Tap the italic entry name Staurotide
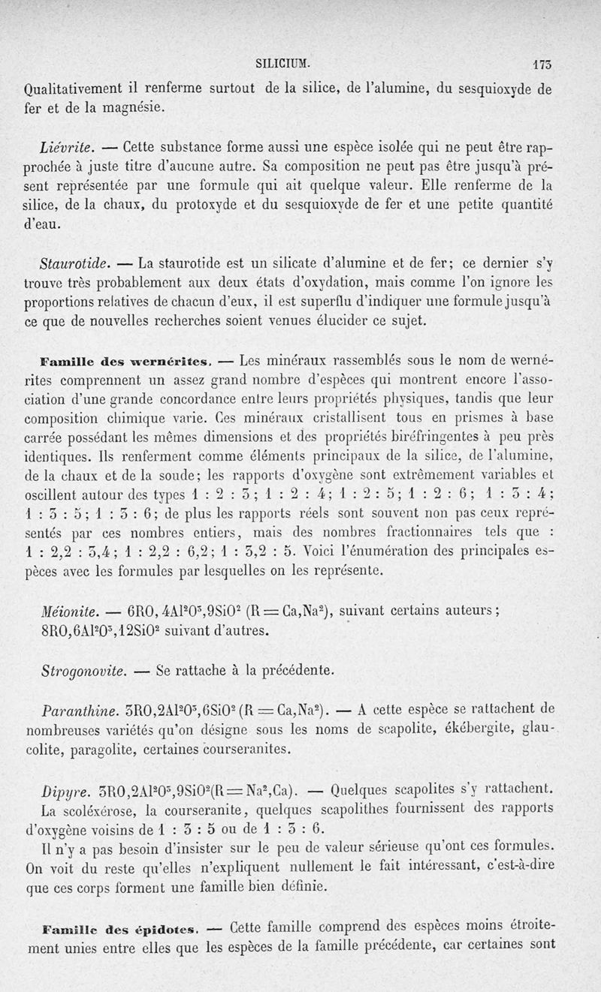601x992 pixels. click(75, 263)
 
